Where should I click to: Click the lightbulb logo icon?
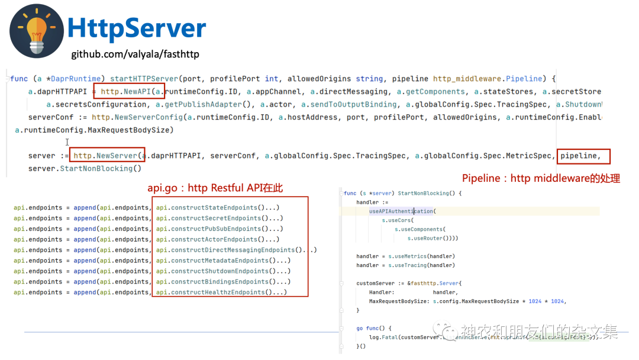(x=37, y=31)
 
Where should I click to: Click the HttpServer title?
(x=137, y=28)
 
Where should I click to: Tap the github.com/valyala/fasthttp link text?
(x=135, y=54)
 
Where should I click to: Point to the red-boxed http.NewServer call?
(x=106, y=156)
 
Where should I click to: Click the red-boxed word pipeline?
(x=583, y=156)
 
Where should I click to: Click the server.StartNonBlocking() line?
(x=85, y=169)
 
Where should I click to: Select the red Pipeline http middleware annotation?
(x=541, y=178)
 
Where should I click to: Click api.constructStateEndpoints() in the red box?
(x=217, y=208)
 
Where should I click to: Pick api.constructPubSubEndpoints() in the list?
(x=220, y=229)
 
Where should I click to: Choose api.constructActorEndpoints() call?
(x=217, y=240)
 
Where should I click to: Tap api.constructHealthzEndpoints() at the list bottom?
(x=221, y=292)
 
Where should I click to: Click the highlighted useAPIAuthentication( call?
(x=402, y=211)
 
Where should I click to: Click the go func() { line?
(x=374, y=328)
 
